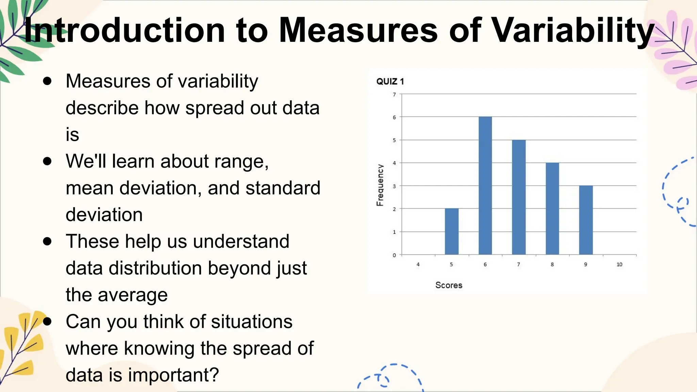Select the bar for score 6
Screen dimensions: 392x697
(485, 185)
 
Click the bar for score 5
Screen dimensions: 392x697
(452, 231)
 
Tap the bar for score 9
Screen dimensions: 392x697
(586, 220)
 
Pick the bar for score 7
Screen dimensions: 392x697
(519, 197)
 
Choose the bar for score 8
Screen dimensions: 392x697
(552, 209)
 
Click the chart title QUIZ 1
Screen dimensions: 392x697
(390, 82)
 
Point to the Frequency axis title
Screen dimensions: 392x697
(380, 185)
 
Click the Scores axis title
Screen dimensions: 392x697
(449, 285)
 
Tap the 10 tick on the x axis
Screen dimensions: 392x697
(619, 264)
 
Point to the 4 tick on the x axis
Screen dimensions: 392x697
(418, 264)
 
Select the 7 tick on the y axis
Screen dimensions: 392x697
(394, 95)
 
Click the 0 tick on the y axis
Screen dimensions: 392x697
(394, 255)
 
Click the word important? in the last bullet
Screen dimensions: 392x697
(173, 375)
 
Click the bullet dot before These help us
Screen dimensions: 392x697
(47, 242)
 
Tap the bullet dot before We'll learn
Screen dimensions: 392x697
(47, 161)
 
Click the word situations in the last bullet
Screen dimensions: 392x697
(252, 322)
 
